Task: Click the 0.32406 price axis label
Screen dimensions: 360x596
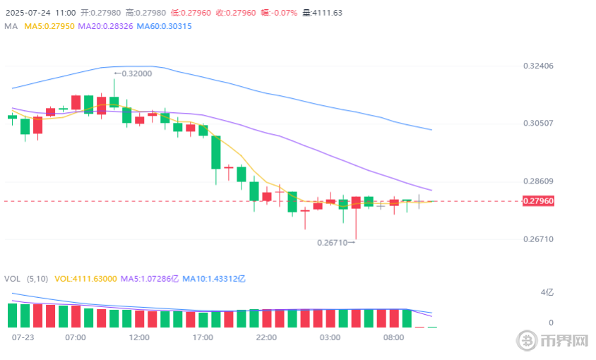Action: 538,66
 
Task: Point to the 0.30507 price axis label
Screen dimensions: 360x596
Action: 538,124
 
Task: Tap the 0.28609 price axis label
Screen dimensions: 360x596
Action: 538,181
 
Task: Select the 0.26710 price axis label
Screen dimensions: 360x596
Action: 538,239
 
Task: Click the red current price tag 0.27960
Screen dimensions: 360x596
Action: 538,201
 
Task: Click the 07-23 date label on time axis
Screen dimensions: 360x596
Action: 23,337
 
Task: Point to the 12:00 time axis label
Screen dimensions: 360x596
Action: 139,337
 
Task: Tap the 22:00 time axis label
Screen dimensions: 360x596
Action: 266,337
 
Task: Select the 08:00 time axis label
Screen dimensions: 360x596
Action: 393,337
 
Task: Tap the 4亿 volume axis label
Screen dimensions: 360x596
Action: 547,292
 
